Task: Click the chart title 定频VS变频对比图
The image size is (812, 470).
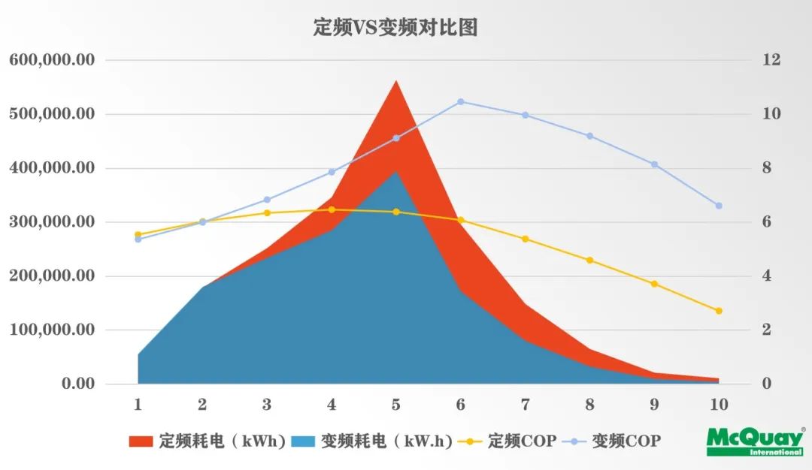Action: coord(395,29)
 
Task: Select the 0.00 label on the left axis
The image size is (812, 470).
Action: coord(79,384)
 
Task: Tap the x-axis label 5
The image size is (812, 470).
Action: coord(396,405)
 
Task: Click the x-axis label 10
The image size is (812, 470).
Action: coord(719,405)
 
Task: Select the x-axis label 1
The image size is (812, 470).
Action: coord(138,405)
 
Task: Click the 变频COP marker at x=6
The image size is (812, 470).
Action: coord(461,101)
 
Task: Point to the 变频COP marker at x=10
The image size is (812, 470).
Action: coord(719,206)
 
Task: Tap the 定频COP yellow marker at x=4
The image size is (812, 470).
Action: coord(332,209)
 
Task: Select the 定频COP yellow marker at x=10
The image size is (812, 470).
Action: coord(719,311)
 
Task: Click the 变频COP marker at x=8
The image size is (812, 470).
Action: coord(589,136)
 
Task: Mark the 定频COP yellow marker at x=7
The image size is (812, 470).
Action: coord(525,239)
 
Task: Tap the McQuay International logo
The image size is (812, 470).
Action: coord(753,441)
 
